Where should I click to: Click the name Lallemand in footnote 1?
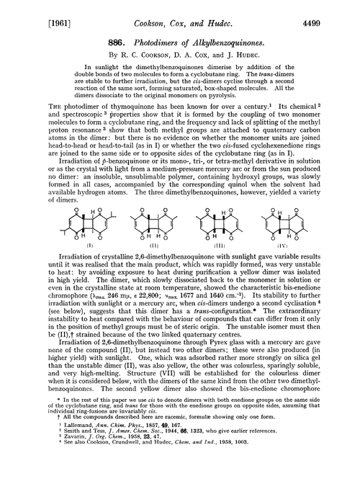65,453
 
